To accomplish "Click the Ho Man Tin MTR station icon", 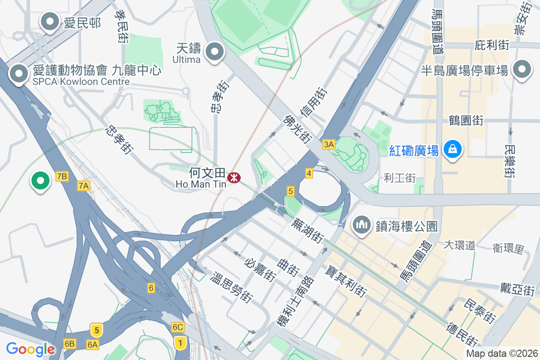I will [x=234, y=178].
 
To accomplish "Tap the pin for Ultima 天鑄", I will [x=215, y=52].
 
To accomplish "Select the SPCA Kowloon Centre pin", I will [x=19, y=73].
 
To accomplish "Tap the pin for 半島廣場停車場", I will [x=522, y=70].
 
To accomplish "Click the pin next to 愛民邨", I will [x=50, y=22].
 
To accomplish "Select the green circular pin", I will [x=40, y=181].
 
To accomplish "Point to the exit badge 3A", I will [x=329, y=144].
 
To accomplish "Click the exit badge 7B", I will [x=62, y=176].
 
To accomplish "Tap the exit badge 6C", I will [x=178, y=327].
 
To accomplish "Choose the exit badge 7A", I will [x=83, y=185].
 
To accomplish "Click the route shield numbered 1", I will [x=180, y=343].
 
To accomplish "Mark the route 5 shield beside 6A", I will [x=96, y=330].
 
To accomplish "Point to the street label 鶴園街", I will [x=466, y=121].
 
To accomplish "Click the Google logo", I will [x=31, y=349].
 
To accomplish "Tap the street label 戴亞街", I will [x=517, y=288].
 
